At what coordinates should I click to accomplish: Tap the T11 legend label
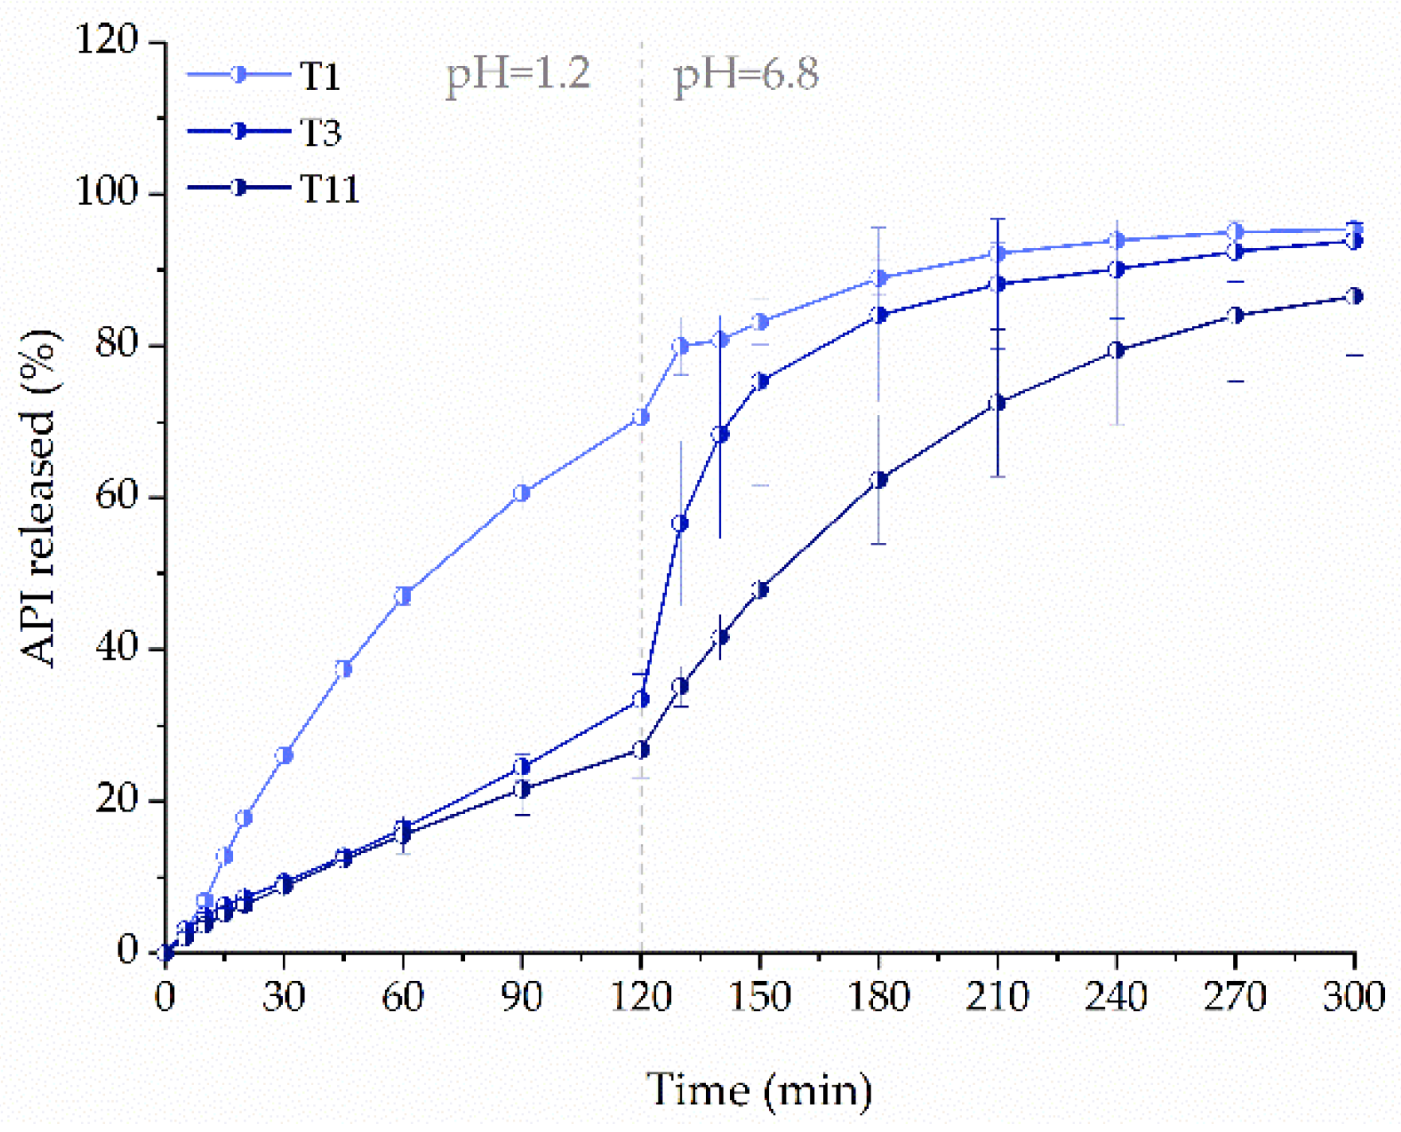pos(329,189)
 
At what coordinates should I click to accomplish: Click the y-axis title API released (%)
pos(38,498)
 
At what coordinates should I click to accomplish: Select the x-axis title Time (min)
pos(759,1089)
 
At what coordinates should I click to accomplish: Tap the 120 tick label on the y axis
pos(107,40)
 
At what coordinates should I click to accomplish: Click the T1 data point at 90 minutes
pos(522,494)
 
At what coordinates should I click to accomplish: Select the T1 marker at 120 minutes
pos(641,417)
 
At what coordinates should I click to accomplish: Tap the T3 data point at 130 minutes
pos(681,524)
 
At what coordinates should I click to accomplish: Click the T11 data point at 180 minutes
pos(879,480)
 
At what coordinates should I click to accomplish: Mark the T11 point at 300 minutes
pos(1354,297)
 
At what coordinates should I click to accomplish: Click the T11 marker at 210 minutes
pos(997,404)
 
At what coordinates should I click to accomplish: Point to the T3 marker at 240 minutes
pos(1116,269)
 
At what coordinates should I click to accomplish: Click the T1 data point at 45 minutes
pos(343,669)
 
